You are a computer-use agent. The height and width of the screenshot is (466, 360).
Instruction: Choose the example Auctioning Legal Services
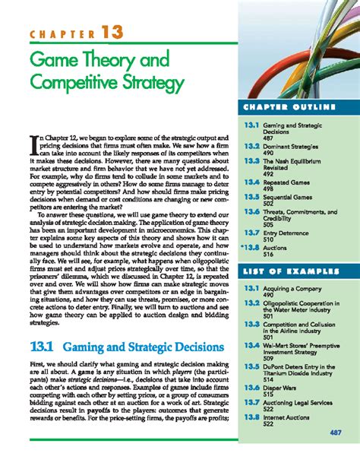pyautogui.click(x=298, y=402)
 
